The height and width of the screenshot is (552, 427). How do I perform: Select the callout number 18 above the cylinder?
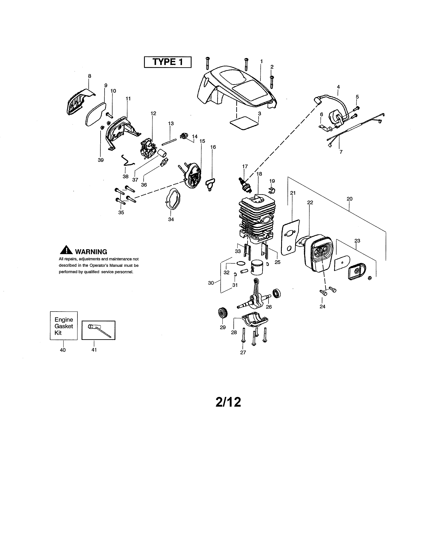click(259, 174)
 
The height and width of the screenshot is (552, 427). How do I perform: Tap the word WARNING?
click(91, 252)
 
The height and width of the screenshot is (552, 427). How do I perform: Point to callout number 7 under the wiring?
click(341, 152)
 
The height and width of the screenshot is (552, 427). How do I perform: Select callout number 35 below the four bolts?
click(121, 213)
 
